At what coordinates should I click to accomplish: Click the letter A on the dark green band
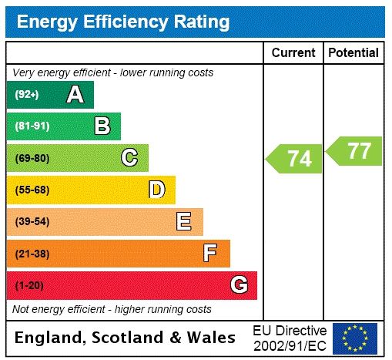(75, 95)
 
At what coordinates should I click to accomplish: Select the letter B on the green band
(102, 126)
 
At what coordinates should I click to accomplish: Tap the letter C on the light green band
(129, 158)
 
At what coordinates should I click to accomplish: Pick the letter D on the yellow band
(156, 190)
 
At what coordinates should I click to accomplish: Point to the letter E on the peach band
(184, 222)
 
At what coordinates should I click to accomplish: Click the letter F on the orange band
(210, 253)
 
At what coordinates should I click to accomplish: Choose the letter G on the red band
(239, 285)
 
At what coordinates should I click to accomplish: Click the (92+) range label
(27, 95)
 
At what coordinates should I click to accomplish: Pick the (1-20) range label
(29, 285)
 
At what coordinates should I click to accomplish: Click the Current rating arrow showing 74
(294, 159)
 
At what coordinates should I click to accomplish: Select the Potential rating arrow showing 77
(355, 150)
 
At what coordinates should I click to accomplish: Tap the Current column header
(293, 53)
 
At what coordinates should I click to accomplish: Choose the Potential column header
(353, 53)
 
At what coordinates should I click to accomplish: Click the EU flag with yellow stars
(355, 338)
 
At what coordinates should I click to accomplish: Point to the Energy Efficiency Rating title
(123, 22)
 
